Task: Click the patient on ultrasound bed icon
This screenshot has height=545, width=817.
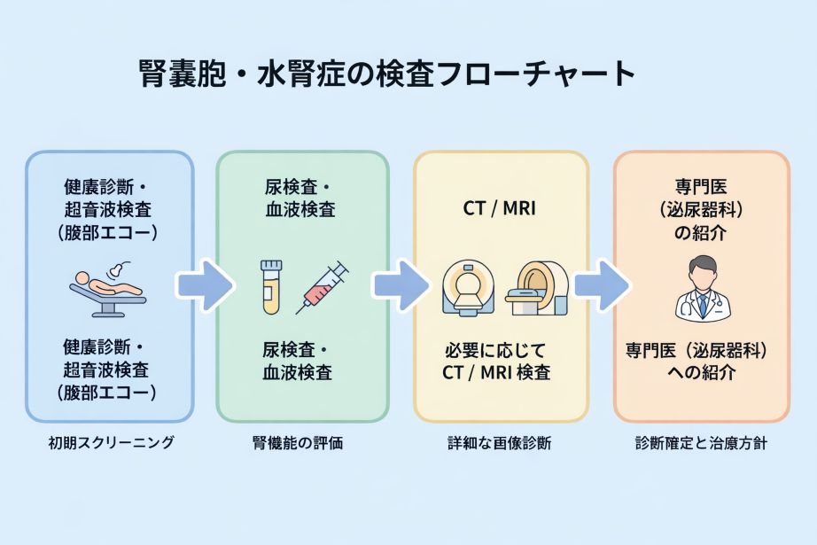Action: coord(108,288)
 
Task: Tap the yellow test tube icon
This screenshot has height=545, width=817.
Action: coord(270,286)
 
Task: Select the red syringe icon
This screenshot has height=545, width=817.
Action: coord(322,286)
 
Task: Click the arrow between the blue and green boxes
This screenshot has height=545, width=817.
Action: coord(205,285)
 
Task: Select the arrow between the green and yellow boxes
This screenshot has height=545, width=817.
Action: coord(401,285)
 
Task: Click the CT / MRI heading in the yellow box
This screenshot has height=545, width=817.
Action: coord(500,210)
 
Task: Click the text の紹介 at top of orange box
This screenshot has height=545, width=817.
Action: coord(701,235)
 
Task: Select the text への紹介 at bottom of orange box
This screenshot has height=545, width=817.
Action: coord(701,372)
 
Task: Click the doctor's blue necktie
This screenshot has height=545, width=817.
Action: coord(701,304)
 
